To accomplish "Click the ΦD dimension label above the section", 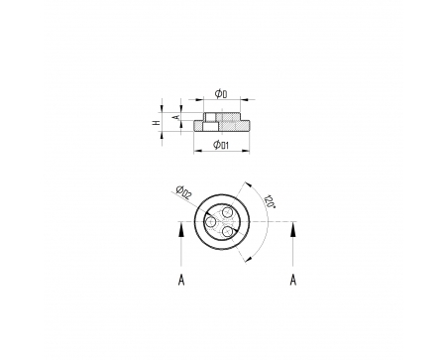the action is [221, 94].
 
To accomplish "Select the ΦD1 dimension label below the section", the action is [221, 145].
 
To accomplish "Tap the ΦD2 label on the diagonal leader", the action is [183, 192].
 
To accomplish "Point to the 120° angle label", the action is [270, 201].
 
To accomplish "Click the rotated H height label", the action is [157, 122].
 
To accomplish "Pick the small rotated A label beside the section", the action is [176, 117].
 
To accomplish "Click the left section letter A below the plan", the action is [181, 280].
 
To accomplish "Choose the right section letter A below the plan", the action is [293, 280].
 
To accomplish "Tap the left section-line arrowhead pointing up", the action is [181, 229].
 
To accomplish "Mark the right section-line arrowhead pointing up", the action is [293, 229].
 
